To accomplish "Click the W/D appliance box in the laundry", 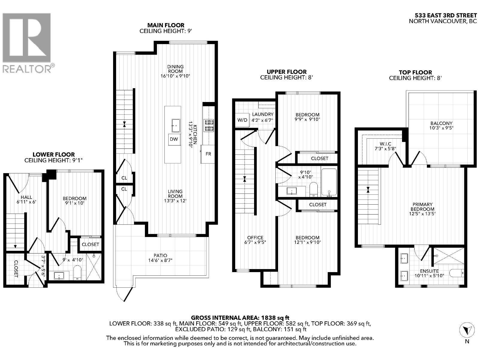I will [x=242, y=120].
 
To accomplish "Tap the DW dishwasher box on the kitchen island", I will [x=174, y=139].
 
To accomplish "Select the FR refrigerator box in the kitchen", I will [x=208, y=154].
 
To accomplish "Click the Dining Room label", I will [x=175, y=69].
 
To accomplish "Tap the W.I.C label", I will [x=385, y=144].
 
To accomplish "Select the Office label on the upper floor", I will [x=255, y=238].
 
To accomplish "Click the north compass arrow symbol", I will [x=466, y=331].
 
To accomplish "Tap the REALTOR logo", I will [x=27, y=42].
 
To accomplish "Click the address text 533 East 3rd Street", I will [x=445, y=15].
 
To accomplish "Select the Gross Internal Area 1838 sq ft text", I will [x=240, y=317].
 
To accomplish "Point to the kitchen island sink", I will [x=176, y=124].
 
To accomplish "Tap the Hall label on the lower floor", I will [x=26, y=197].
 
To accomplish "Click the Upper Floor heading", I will [x=286, y=72].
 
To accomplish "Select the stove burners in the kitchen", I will [x=209, y=125].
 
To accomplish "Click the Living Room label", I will [x=175, y=194].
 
